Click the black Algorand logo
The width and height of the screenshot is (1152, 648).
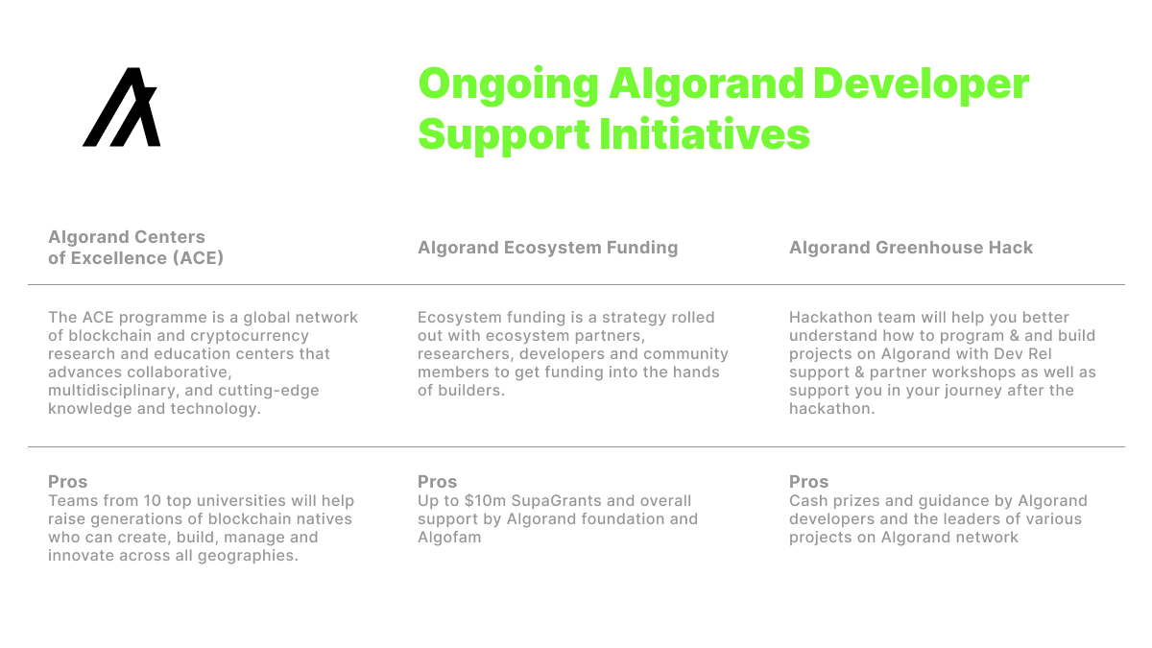(x=122, y=108)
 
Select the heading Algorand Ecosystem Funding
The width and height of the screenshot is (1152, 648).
(x=547, y=248)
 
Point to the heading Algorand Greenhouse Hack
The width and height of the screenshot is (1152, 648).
(x=911, y=248)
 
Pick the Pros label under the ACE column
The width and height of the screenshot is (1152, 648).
(x=67, y=482)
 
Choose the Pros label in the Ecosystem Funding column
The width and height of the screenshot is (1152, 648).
(x=437, y=482)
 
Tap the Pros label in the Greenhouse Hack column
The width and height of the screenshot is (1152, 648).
(x=808, y=482)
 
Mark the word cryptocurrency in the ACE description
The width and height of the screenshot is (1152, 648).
(x=236, y=336)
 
